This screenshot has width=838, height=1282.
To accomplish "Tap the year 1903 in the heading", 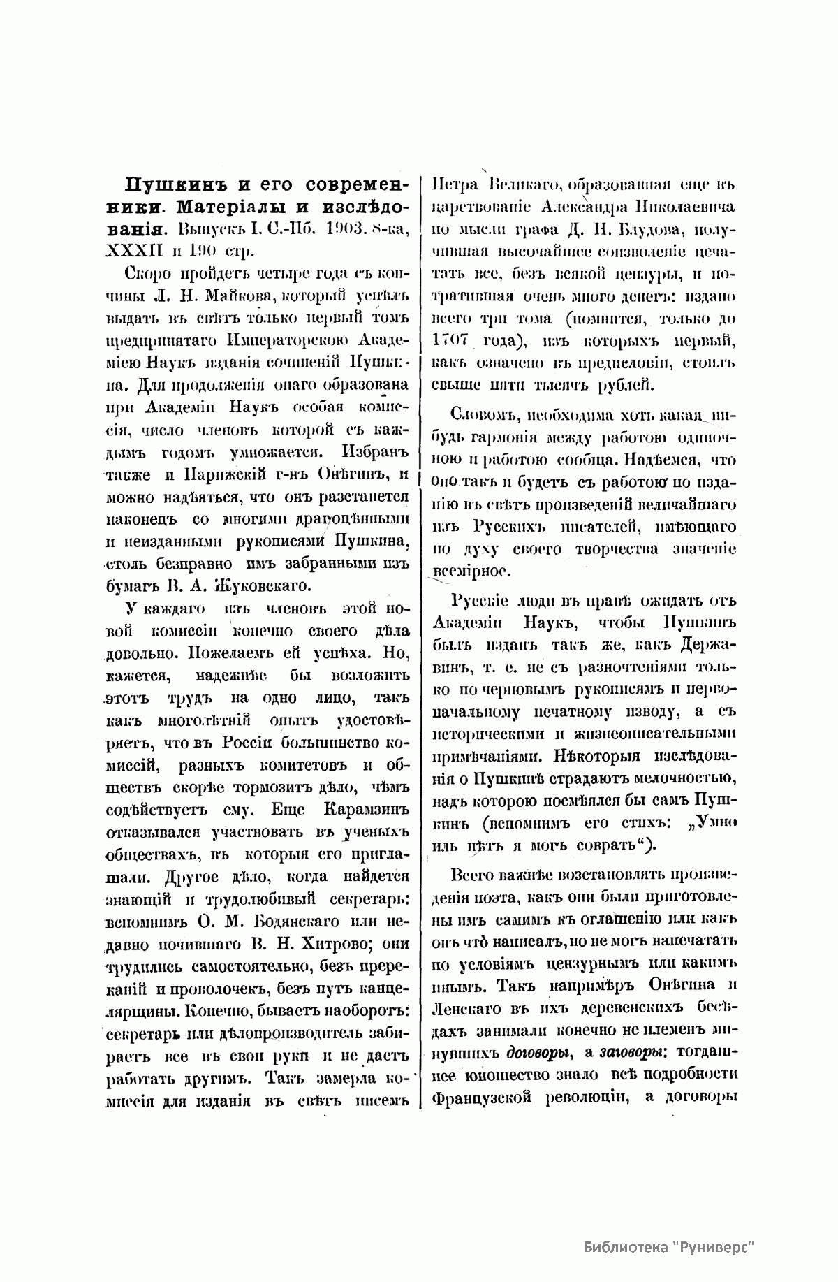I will [x=328, y=228].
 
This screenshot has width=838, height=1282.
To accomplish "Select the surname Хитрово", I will [x=326, y=943].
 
